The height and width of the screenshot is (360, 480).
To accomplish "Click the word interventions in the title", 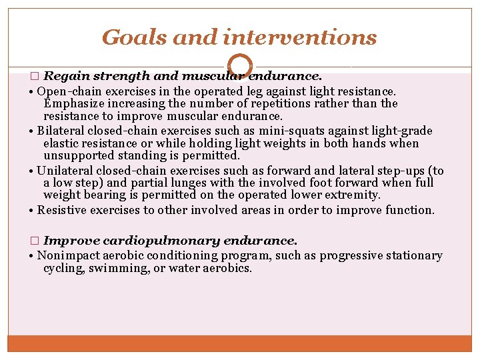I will point(309,37).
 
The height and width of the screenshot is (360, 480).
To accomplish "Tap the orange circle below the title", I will point(240,65).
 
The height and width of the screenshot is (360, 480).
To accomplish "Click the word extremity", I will point(356,195).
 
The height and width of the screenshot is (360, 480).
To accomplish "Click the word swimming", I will point(114,268).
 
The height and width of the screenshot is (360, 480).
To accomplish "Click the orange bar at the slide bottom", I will point(240,343).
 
